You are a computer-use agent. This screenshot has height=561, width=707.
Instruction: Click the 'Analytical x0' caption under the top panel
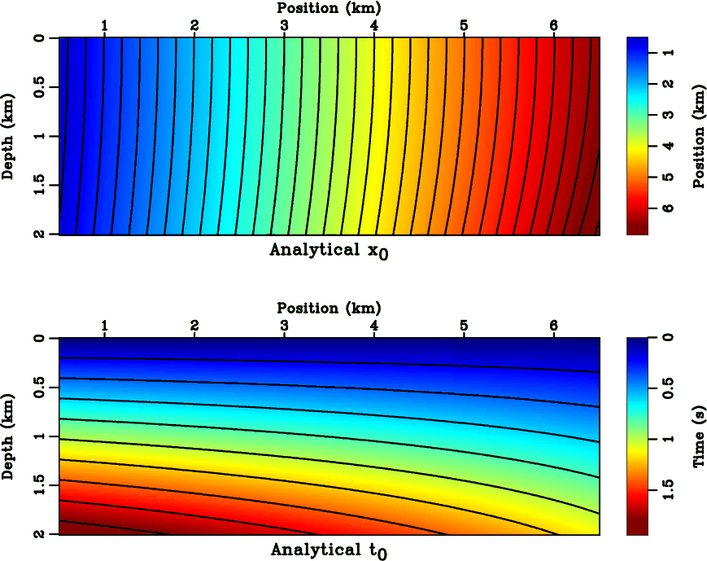pos(329,251)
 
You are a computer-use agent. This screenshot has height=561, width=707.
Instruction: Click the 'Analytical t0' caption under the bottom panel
pos(329,551)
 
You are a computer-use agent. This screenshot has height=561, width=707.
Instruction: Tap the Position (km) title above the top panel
pos(329,7)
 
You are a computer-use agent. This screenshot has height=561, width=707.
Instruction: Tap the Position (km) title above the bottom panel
pos(329,308)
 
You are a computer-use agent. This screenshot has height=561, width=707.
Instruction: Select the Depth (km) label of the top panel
pos(9,136)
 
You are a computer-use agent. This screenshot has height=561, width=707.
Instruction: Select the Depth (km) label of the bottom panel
pos(9,436)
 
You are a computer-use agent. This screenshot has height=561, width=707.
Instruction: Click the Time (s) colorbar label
pos(698,436)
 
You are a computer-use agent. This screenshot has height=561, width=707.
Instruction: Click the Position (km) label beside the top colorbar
pos(698,136)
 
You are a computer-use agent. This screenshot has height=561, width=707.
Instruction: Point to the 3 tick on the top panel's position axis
pos(284,25)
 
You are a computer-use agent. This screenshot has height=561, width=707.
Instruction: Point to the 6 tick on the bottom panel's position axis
pos(553,326)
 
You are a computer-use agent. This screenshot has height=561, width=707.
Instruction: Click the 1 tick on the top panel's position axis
pos(104,25)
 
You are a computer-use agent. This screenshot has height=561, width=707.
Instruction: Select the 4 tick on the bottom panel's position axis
pos(373,326)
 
